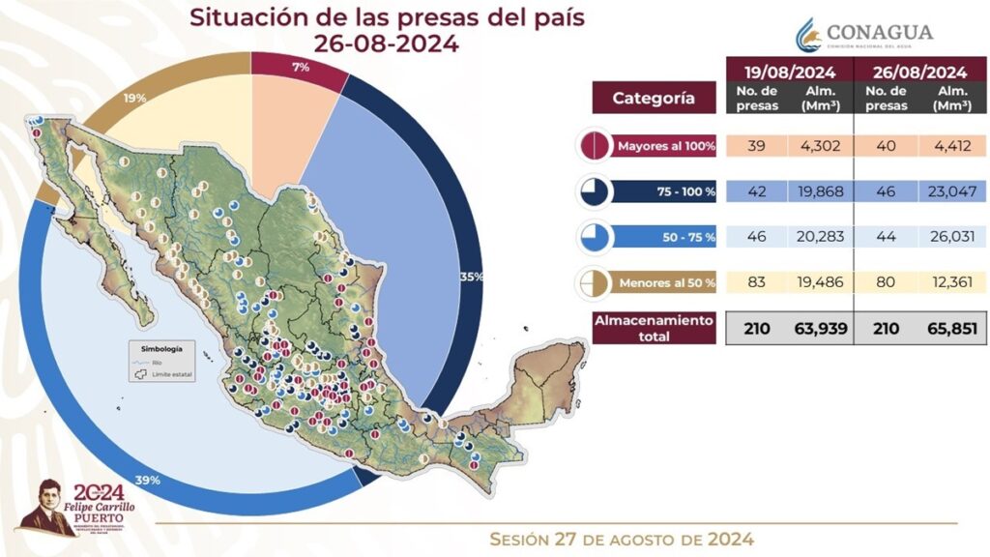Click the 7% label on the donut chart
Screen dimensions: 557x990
pyautogui.click(x=300, y=67)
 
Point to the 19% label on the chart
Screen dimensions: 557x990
pyautogui.click(x=134, y=97)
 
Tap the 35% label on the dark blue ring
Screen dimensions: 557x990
pyautogui.click(x=472, y=277)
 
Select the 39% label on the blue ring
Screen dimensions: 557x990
pyautogui.click(x=147, y=481)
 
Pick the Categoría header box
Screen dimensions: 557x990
pyautogui.click(x=653, y=98)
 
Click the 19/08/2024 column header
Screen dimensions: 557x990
pyautogui.click(x=790, y=72)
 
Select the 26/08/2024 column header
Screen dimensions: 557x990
pyautogui.click(x=919, y=72)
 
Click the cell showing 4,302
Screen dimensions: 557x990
pyautogui.click(x=821, y=146)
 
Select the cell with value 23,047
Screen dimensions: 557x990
pyautogui.click(x=951, y=191)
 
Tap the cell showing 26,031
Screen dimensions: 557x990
pyautogui.click(x=951, y=237)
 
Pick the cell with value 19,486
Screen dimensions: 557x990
pyautogui.click(x=821, y=282)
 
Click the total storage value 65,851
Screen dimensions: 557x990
pyautogui.click(x=951, y=329)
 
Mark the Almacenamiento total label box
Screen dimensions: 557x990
pyautogui.click(x=654, y=328)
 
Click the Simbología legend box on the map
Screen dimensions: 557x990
pyautogui.click(x=161, y=361)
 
